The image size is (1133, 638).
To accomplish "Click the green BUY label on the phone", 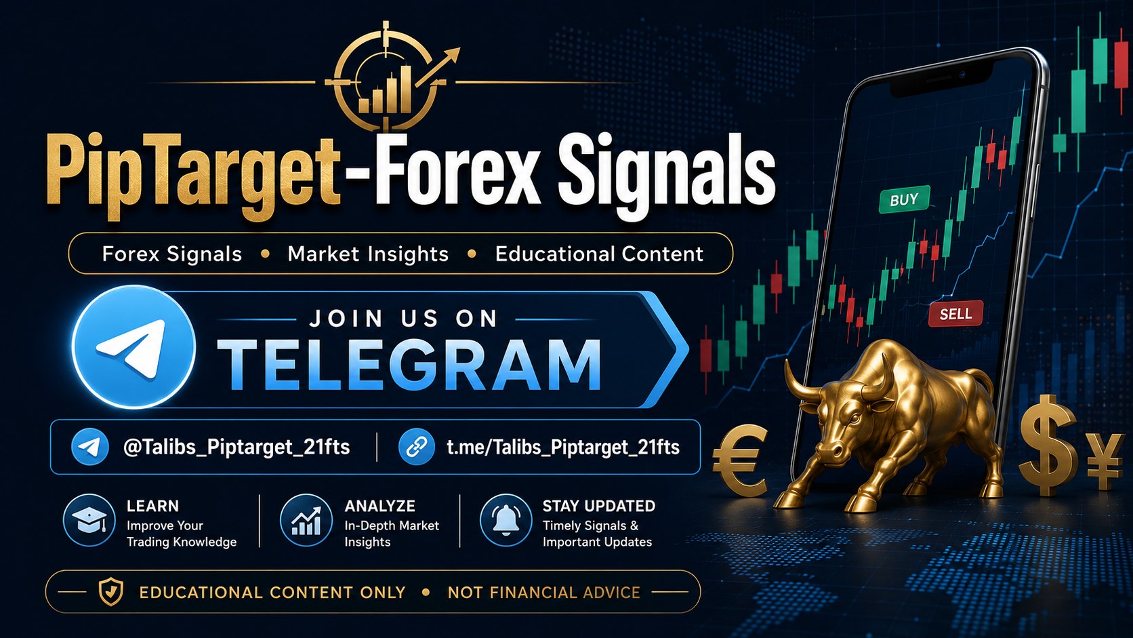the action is pyautogui.click(x=905, y=199).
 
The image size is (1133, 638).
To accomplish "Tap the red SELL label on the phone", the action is pyautogui.click(x=955, y=314).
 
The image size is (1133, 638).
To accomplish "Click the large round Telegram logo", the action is pyautogui.click(x=133, y=347).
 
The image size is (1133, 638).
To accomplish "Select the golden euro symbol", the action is pyautogui.click(x=741, y=461).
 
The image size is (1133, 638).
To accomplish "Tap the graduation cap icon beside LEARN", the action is pyautogui.click(x=89, y=520).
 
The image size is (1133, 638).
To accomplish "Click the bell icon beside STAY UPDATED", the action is pyautogui.click(x=506, y=520).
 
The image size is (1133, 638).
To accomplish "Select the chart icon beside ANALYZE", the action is pyautogui.click(x=306, y=520).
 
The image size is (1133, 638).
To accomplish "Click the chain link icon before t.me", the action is pyautogui.click(x=416, y=447).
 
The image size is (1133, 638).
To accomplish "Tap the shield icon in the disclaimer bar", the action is pyautogui.click(x=110, y=591).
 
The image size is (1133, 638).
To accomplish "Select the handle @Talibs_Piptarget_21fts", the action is pyautogui.click(x=236, y=447).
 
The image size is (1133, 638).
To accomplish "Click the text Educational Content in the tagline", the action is pyautogui.click(x=599, y=254).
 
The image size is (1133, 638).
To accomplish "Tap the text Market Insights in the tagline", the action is pyautogui.click(x=368, y=254).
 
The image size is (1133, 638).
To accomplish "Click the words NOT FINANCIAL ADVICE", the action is pyautogui.click(x=543, y=592).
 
